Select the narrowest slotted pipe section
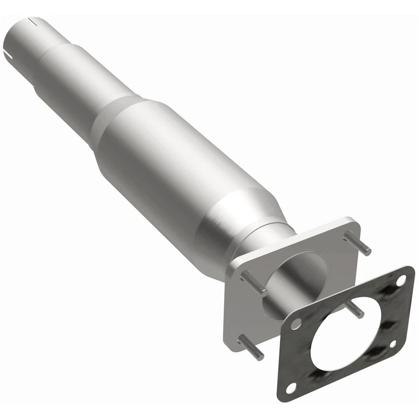pyautogui.click(x=26, y=41)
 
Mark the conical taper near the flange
pyautogui.click(x=231, y=218)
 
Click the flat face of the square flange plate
pyautogui.click(x=244, y=314)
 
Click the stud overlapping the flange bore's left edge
pyautogui.click(x=254, y=284)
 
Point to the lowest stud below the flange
pyautogui.click(x=252, y=347)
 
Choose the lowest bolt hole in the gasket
pyautogui.click(x=292, y=386)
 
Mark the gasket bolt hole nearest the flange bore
pyautogui.click(x=296, y=323)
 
